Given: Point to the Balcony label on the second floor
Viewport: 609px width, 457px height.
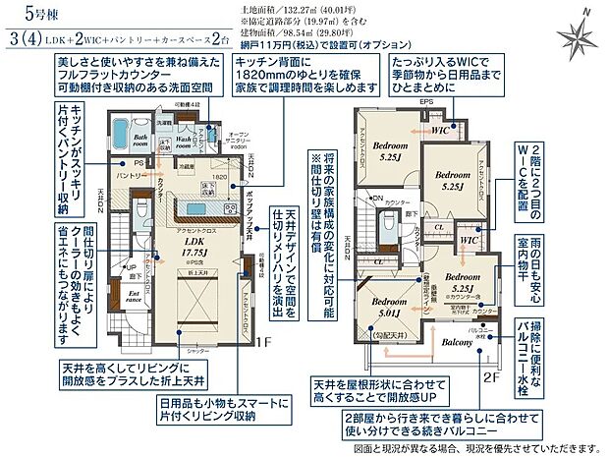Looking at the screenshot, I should coord(458,342).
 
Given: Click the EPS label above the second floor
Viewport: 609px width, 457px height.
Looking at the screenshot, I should coord(425,101).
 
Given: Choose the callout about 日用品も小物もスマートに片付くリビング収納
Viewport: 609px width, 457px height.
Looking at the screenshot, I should coord(211,412).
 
